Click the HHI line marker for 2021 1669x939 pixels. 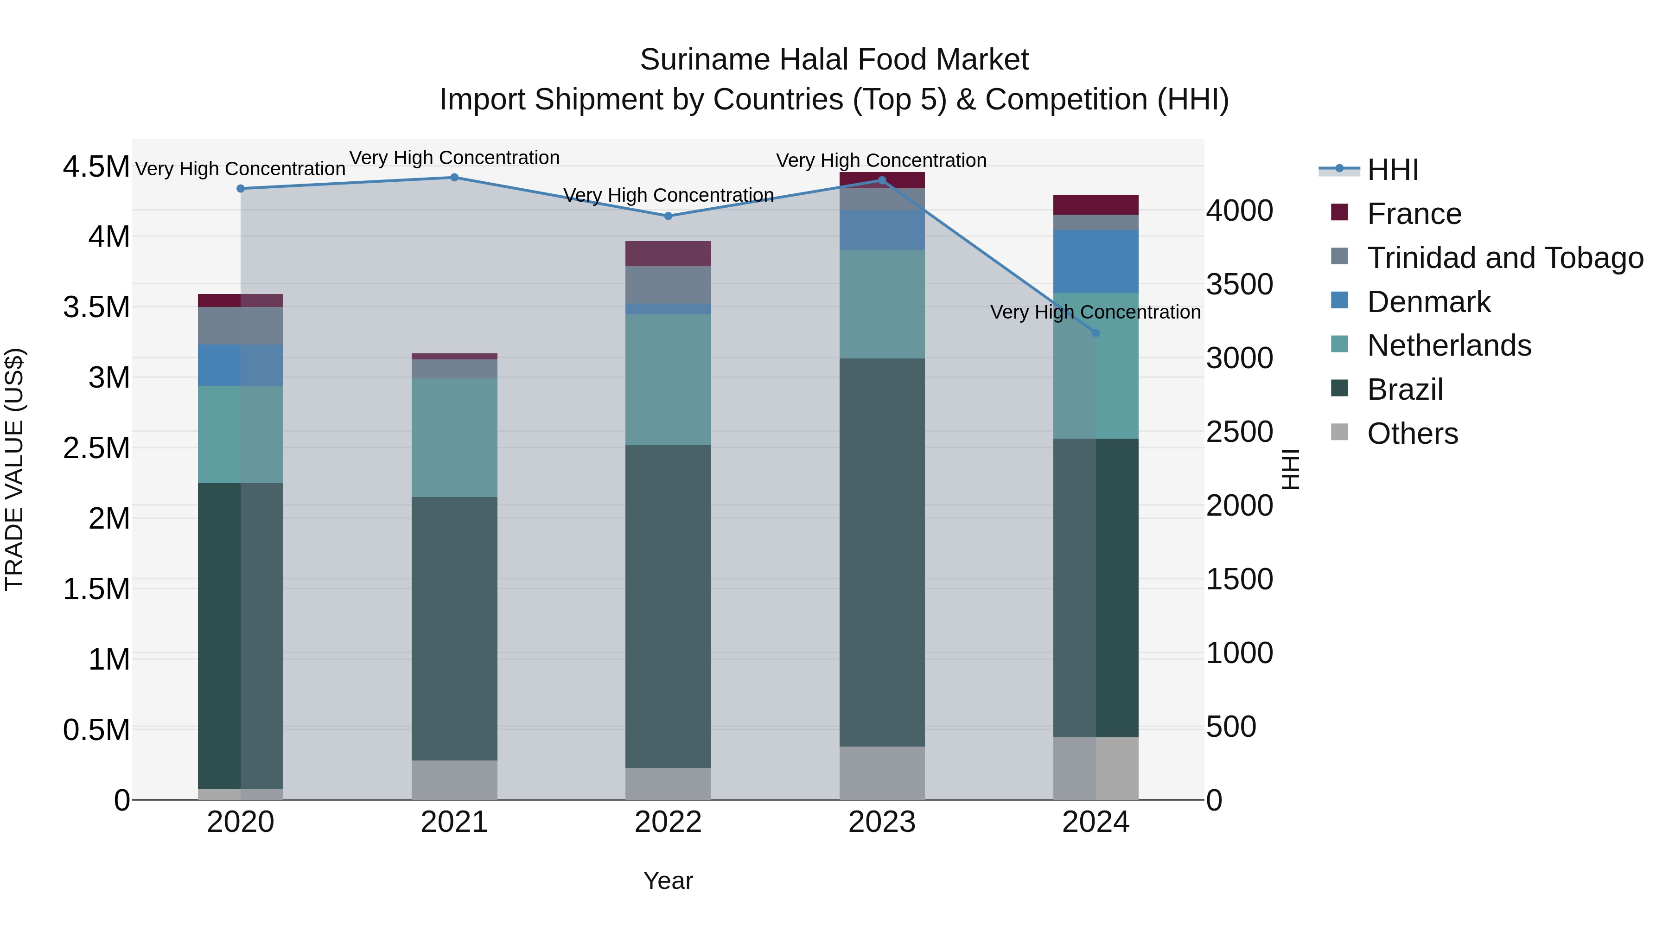click(x=454, y=178)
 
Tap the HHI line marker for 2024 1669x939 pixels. click(x=1096, y=333)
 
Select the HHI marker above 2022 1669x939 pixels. click(x=668, y=216)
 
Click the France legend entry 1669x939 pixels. click(x=1414, y=214)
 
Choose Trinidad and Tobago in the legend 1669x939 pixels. click(x=1504, y=258)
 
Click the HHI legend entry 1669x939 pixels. click(x=1392, y=170)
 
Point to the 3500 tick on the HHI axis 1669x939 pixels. click(x=1239, y=285)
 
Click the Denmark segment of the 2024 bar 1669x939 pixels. click(x=1096, y=261)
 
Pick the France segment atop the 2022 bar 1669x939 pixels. click(x=668, y=253)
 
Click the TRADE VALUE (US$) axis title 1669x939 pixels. click(x=15, y=469)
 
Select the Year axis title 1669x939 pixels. click(x=668, y=881)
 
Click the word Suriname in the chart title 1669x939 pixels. click(x=704, y=60)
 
